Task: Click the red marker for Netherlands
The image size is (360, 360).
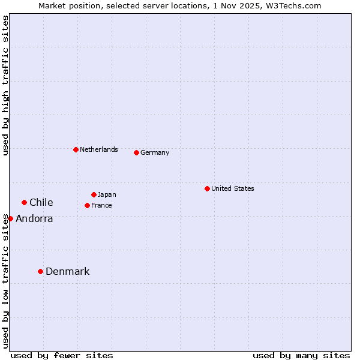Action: pyautogui.click(x=76, y=149)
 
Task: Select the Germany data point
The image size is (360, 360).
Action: pyautogui.click(x=136, y=152)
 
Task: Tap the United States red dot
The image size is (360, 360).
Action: pyautogui.click(x=207, y=188)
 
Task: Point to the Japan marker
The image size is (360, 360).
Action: pyautogui.click(x=94, y=194)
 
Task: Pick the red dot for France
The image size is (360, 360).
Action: pyautogui.click(x=87, y=205)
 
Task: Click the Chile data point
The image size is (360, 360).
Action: pyautogui.click(x=24, y=202)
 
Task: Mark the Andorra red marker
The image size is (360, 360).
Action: pyautogui.click(x=10, y=218)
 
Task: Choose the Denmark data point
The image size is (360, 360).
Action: pyautogui.click(x=40, y=271)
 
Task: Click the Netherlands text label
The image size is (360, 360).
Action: pyautogui.click(x=98, y=149)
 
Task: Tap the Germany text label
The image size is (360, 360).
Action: pyautogui.click(x=155, y=152)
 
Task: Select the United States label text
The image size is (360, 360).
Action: pyautogui.click(x=232, y=188)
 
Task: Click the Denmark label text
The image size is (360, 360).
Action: pyautogui.click(x=67, y=271)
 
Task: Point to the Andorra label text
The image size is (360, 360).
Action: pyautogui.click(x=34, y=218)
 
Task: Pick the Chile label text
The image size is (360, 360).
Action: pyautogui.click(x=41, y=202)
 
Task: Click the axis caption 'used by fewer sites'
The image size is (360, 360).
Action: pyautogui.click(x=62, y=355)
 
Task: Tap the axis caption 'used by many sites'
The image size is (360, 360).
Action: pyautogui.click(x=301, y=355)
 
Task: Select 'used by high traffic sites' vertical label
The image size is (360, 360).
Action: pyautogui.click(x=5, y=85)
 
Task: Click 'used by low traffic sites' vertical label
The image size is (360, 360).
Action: pyautogui.click(x=5, y=280)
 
